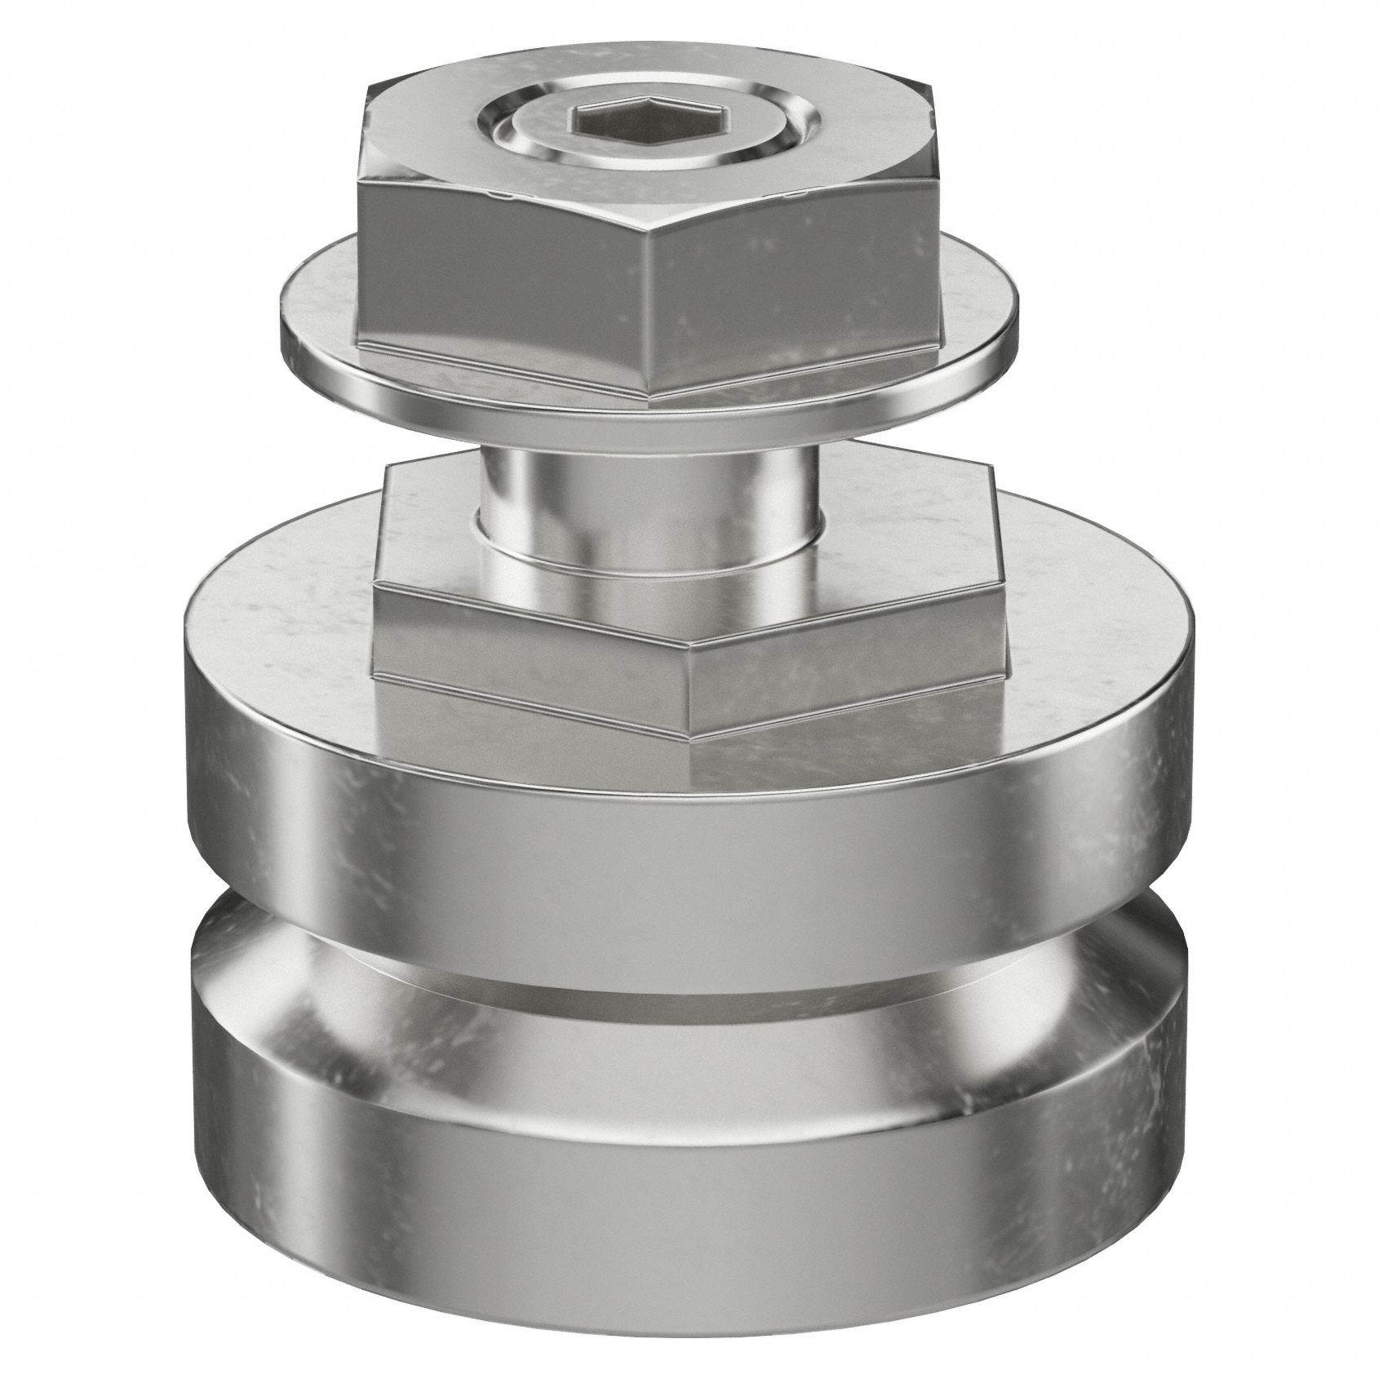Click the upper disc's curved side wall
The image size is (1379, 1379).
click(653, 824)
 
